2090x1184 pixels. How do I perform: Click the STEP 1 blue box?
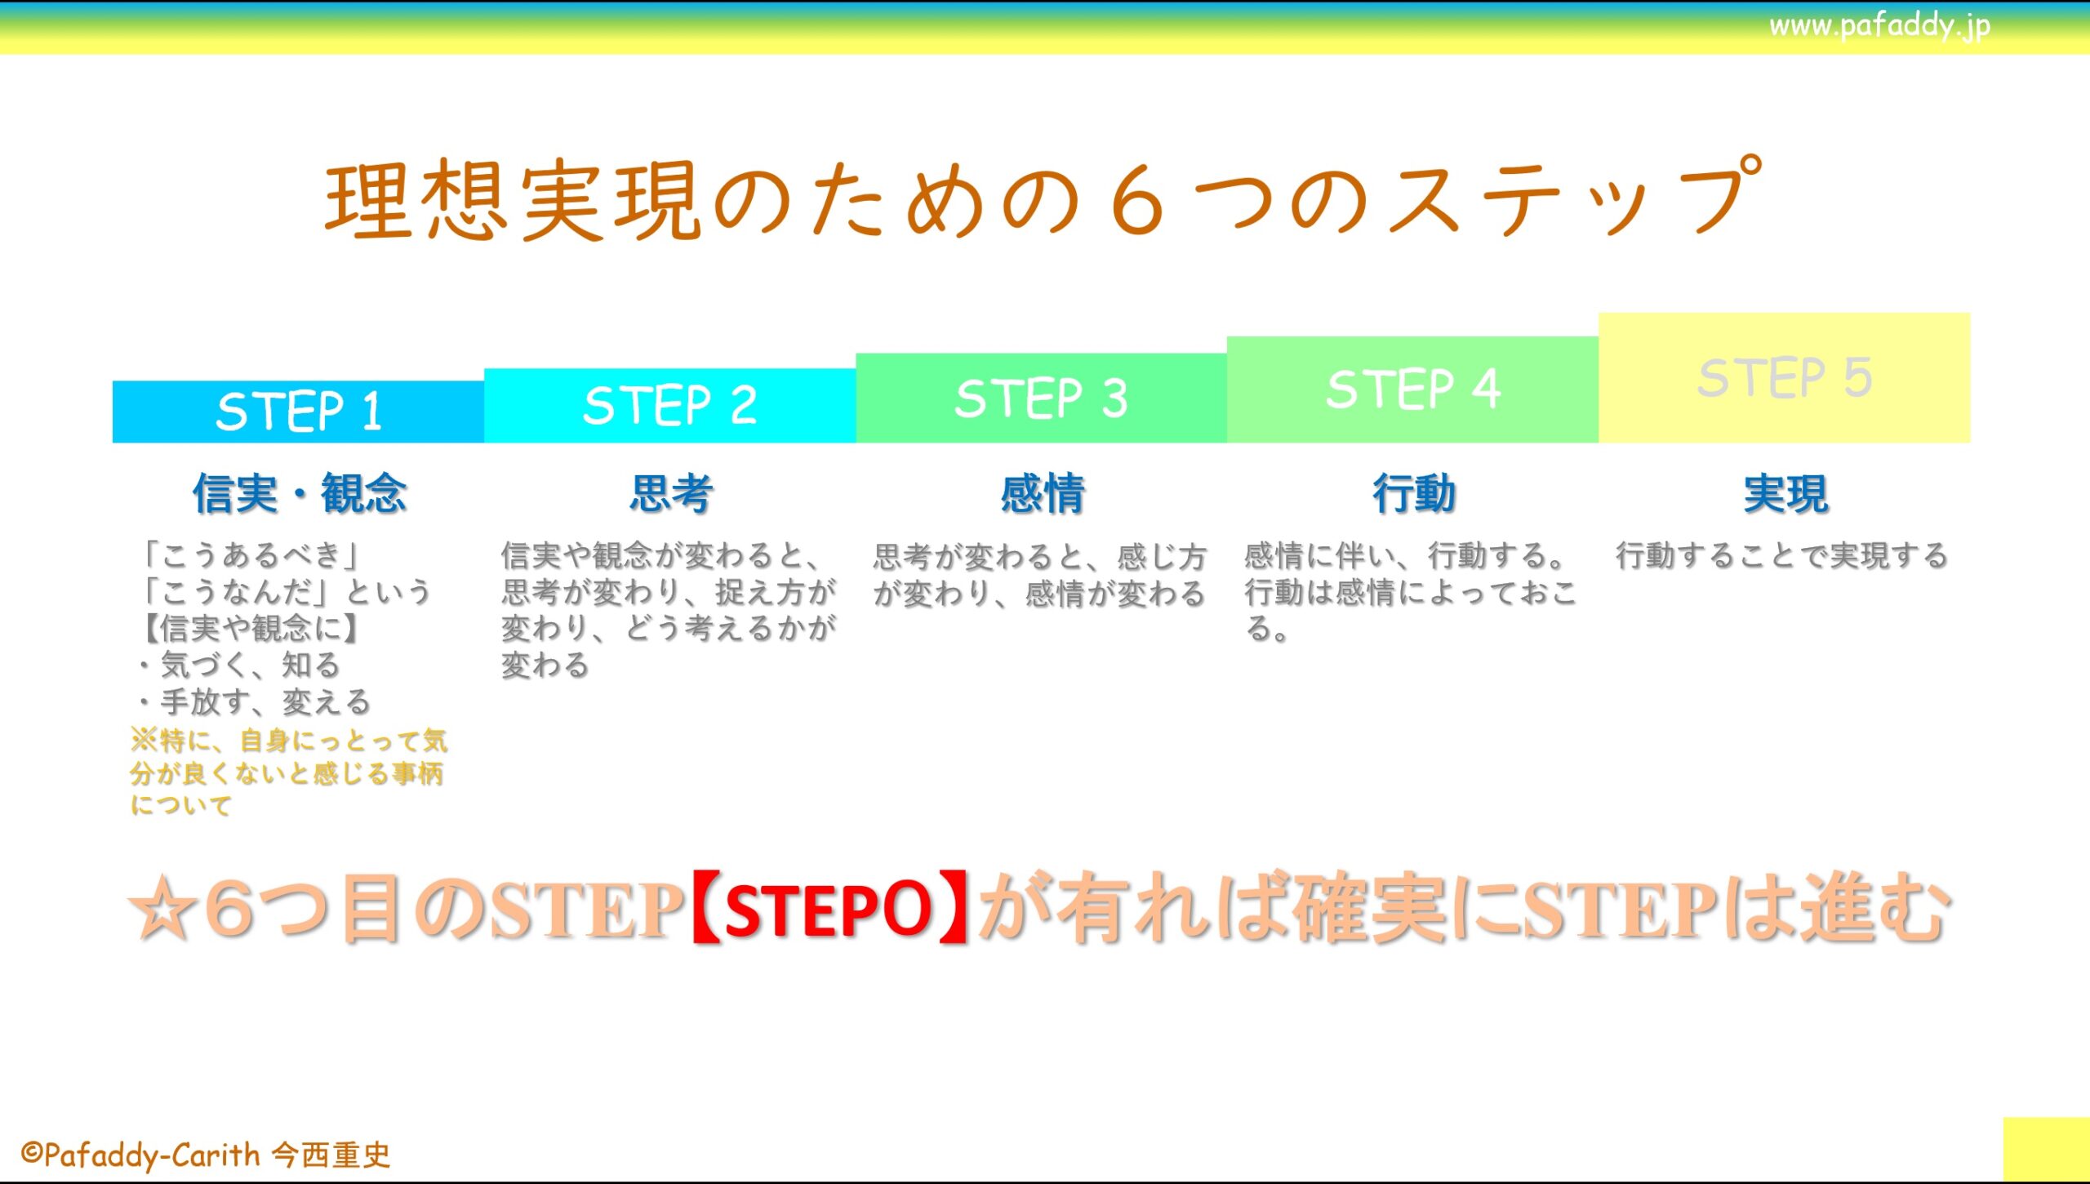[298, 412]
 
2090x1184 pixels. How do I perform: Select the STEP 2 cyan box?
[669, 406]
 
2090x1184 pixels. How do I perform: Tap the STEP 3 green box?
[1041, 398]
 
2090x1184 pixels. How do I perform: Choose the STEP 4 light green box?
[1412, 389]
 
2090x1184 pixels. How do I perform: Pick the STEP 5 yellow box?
[1785, 378]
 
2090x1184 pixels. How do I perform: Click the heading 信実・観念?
[300, 494]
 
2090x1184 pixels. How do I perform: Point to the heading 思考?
[671, 494]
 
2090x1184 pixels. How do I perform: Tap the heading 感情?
[1043, 494]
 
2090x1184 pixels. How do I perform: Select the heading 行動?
[1414, 494]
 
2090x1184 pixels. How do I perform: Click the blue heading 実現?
[1785, 494]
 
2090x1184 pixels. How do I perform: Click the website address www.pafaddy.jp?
[1879, 26]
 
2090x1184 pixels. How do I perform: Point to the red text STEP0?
[828, 909]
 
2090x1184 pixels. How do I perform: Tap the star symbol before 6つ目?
[163, 909]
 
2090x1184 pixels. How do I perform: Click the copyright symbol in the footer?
[31, 1154]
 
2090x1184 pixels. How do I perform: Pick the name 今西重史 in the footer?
[331, 1155]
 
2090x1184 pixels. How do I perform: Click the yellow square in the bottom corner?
[2046, 1149]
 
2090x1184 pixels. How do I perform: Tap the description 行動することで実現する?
[1782, 555]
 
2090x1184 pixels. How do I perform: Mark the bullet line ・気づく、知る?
[237, 665]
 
